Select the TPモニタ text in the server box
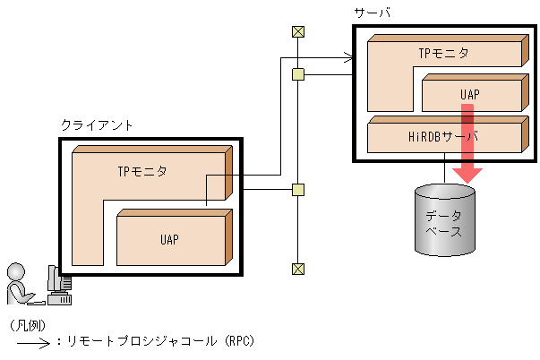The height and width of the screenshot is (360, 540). tap(443, 53)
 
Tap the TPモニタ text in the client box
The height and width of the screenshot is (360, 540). tap(141, 169)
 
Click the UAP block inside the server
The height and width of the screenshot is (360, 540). tap(471, 94)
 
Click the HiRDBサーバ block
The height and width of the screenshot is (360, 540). tap(443, 138)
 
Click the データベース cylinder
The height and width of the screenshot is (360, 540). tap(443, 220)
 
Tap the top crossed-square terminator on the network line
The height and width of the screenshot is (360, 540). tap(298, 32)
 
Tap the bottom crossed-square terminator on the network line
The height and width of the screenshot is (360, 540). tap(298, 269)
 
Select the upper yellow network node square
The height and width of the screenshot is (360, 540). tap(298, 74)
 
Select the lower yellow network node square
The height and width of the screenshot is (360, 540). tap(298, 190)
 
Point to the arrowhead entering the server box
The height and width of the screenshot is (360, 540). tap(350, 60)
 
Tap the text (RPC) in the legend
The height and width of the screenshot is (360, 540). tap(238, 341)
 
